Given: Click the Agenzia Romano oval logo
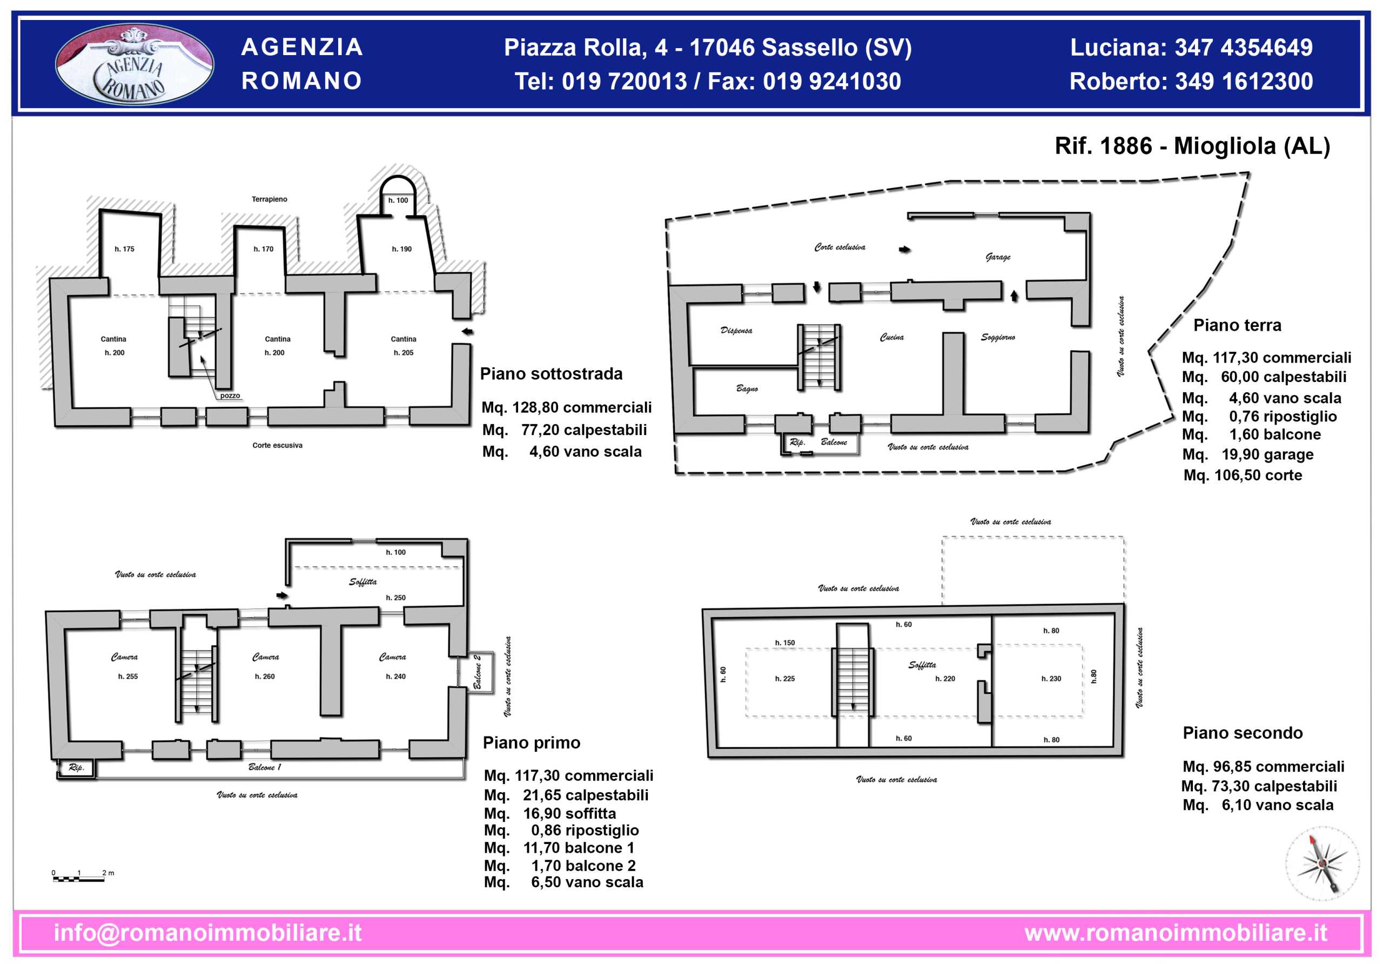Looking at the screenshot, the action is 135,64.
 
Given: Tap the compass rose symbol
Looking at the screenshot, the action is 1322,863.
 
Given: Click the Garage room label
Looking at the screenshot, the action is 998,257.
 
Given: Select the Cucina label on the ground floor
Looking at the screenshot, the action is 891,337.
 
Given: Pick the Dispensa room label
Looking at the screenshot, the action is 736,331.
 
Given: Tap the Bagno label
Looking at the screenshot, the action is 747,389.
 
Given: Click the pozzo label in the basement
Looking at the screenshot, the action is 230,396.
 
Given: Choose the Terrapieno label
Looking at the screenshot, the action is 269,199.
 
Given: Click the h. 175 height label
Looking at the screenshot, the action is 125,249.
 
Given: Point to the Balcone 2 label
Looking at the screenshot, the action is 477,672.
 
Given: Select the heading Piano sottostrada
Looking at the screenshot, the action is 551,374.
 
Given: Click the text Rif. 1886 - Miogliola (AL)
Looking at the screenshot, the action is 1193,146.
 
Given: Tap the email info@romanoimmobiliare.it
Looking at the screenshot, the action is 208,933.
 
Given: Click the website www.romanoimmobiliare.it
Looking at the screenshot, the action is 1176,933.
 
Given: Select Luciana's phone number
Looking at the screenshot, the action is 1244,48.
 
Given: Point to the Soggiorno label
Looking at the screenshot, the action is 998,337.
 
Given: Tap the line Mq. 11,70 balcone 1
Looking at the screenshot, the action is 560,848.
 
